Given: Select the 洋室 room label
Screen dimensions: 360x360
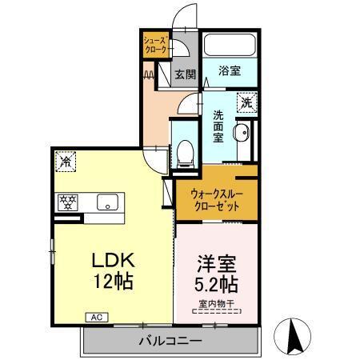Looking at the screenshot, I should point(215,263).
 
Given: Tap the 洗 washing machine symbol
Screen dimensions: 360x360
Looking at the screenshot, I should point(246,103).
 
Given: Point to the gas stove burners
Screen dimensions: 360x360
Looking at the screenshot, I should point(65,202).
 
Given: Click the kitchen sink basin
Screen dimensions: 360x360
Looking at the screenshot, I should point(106,202).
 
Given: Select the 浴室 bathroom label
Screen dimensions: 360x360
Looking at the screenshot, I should point(230,70).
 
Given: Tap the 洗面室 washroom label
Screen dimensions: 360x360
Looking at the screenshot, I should point(219,126).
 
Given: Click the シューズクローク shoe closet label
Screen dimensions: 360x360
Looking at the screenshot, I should point(156,45).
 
